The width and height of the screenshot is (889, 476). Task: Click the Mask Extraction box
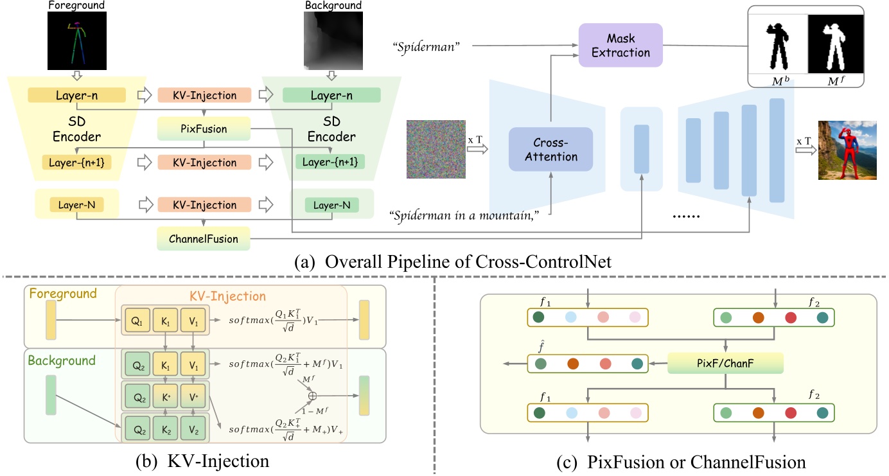620,44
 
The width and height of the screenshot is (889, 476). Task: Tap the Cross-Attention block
550,149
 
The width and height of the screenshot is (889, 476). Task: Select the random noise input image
436,149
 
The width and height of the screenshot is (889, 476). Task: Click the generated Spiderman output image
847,149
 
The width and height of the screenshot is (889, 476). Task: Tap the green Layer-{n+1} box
330,163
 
